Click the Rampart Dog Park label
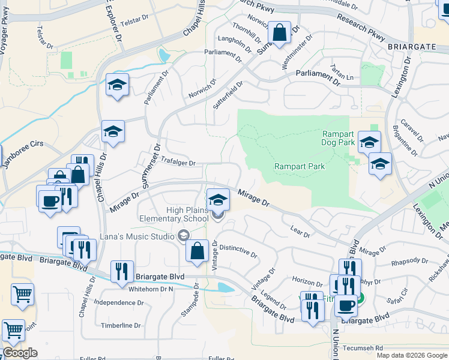pyautogui.click(x=339, y=138)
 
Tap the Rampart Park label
pyautogui.click(x=299, y=166)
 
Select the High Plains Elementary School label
pyautogui.click(x=187, y=215)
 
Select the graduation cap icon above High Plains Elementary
pyautogui.click(x=218, y=199)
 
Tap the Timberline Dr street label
pyautogui.click(x=121, y=326)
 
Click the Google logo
pyautogui.click(x=20, y=353)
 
